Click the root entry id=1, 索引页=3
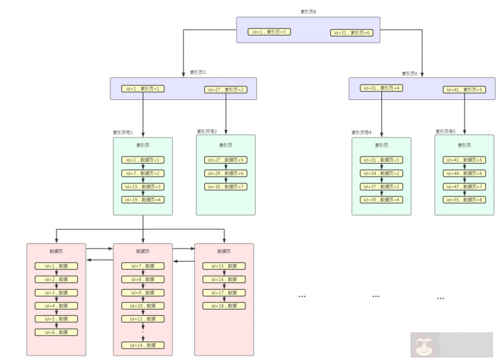pyautogui.click(x=269, y=32)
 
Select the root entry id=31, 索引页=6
pyautogui.click(x=352, y=33)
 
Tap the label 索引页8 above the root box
pyautogui.click(x=308, y=12)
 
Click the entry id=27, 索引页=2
pyautogui.click(x=226, y=90)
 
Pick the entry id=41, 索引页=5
pyautogui.click(x=464, y=90)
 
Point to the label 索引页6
pyautogui.click(x=409, y=73)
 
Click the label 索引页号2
pyautogui.click(x=207, y=131)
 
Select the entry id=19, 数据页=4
pyautogui.click(x=143, y=199)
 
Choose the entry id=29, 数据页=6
pyautogui.click(x=226, y=173)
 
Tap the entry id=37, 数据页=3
pyautogui.click(x=381, y=187)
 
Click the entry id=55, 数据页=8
pyautogui.click(x=464, y=200)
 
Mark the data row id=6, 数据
pyautogui.click(x=56, y=332)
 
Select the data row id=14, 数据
pyautogui.click(x=143, y=345)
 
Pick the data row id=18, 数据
pyautogui.click(x=224, y=306)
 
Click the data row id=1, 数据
pyautogui.click(x=56, y=266)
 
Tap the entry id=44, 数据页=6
pyautogui.click(x=464, y=173)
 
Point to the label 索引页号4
pyautogui.click(x=362, y=132)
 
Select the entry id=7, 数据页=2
pyautogui.click(x=143, y=173)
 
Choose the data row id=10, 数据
pyautogui.click(x=143, y=306)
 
